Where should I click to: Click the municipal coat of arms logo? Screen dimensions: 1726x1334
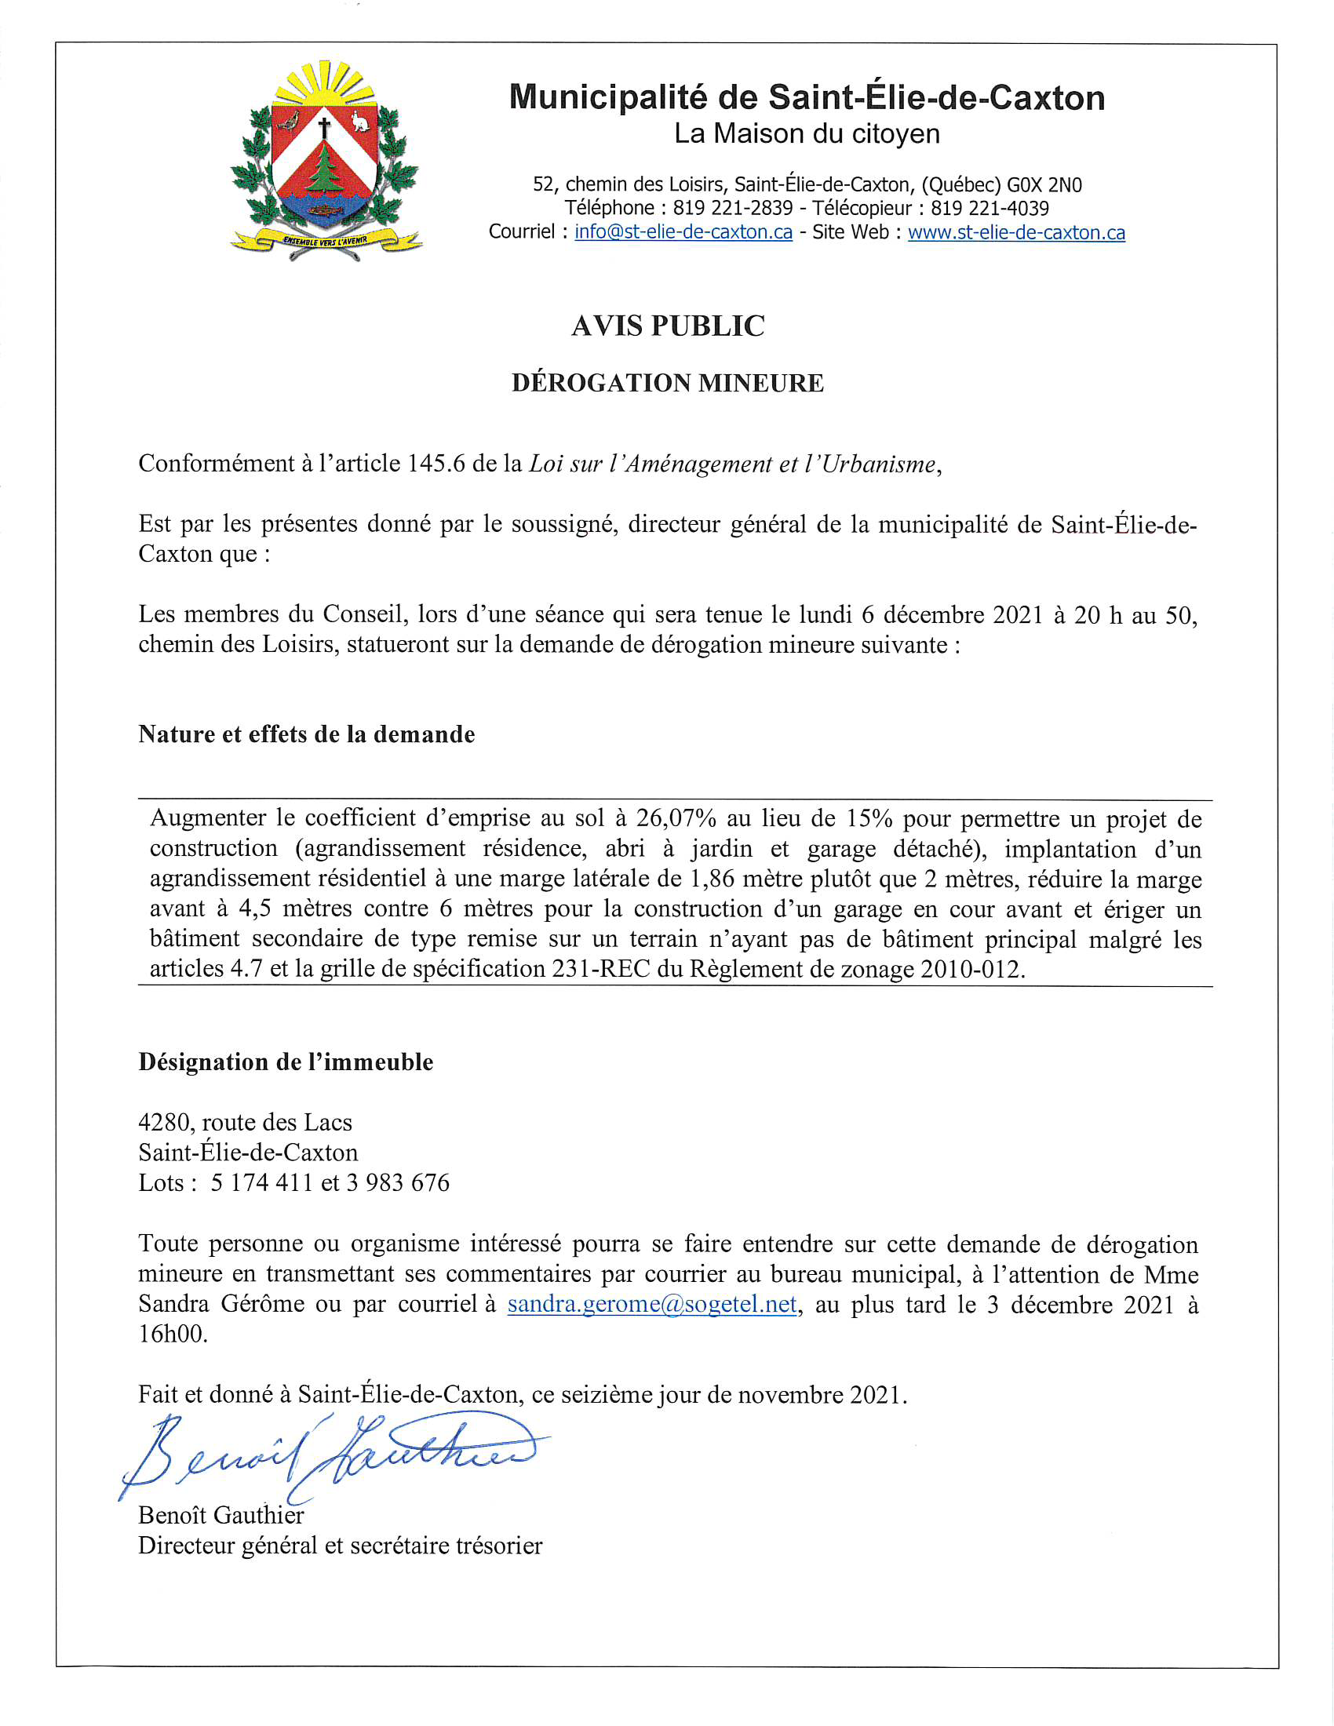325,162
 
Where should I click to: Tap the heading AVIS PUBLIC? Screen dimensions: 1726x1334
668,326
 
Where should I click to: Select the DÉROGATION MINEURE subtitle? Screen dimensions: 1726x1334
668,384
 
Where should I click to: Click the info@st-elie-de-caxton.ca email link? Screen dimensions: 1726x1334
683,232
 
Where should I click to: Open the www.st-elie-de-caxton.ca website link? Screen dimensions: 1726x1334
1016,232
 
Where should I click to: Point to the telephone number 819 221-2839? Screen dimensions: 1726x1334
733,209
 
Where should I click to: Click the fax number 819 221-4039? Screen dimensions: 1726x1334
990,209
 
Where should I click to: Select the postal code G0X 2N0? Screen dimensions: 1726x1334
1044,185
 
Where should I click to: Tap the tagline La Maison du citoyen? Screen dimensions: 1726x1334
807,134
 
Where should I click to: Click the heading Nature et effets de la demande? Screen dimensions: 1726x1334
307,734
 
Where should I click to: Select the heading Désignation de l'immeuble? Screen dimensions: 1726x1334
286,1062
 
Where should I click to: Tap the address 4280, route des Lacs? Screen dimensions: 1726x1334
245,1123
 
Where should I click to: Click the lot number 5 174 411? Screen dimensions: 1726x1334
261,1183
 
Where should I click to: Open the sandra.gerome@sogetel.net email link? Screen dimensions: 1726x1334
652,1304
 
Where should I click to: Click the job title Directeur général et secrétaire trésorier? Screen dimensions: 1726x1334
341,1546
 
